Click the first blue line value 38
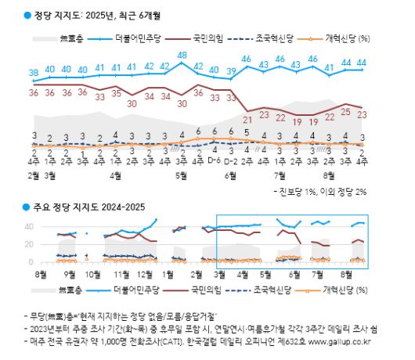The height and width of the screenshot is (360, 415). click(x=34, y=72)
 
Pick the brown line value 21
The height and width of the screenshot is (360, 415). click(x=248, y=119)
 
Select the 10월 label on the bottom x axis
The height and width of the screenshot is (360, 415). click(x=92, y=275)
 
